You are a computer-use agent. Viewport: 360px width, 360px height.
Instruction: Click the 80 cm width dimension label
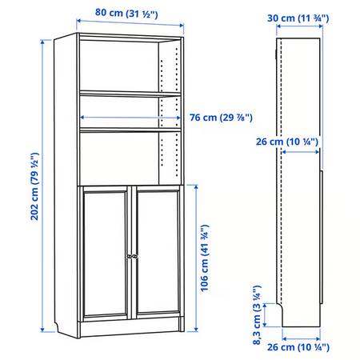click(126, 13)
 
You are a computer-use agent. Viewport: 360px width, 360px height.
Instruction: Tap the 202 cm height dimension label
click(34, 186)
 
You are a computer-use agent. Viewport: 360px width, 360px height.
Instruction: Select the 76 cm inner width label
click(221, 118)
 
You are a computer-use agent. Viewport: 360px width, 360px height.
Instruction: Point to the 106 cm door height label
click(205, 258)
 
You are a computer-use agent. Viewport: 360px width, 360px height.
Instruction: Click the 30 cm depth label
click(298, 18)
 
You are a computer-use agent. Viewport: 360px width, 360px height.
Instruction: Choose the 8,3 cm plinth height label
click(257, 315)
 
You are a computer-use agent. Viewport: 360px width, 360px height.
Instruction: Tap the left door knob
click(130, 256)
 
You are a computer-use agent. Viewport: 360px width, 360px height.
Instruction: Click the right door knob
click(135, 256)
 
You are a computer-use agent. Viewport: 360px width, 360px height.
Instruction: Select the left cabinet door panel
click(105, 252)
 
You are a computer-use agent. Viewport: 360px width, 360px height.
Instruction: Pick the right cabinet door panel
click(158, 252)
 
